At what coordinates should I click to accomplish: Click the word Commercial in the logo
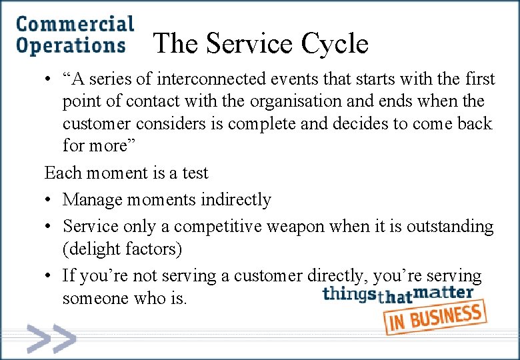pos(75,24)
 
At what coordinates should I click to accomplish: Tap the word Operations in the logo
pos(71,46)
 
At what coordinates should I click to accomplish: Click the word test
pos(195,173)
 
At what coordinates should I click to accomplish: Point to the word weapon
pos(297,227)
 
